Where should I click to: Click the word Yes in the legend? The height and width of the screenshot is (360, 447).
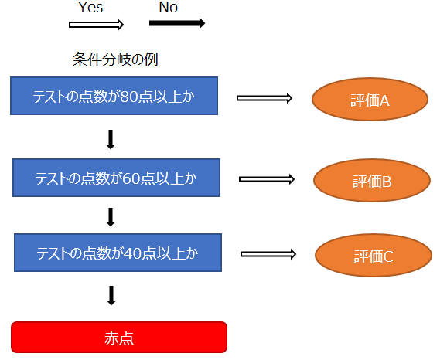90,8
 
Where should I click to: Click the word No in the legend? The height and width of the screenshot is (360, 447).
168,8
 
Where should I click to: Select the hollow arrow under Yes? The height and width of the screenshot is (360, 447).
96,25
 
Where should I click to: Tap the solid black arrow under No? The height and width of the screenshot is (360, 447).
177,23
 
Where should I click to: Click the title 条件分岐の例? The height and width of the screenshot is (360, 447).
115,59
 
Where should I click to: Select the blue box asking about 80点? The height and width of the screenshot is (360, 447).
114,96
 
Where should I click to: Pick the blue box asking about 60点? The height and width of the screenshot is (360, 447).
116,178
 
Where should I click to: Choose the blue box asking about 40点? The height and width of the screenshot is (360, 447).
118,253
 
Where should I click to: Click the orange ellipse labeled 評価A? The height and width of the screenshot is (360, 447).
370,99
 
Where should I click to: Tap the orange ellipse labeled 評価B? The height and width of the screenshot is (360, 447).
372,180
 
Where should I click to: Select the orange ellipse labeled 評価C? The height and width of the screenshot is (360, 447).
374,255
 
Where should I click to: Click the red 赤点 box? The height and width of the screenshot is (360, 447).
119,338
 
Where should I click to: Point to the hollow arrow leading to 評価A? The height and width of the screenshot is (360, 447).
264,98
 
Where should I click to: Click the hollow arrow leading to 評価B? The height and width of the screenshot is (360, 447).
267,179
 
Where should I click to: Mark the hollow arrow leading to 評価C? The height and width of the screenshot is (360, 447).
268,254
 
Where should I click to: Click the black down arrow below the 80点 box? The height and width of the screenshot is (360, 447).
111,140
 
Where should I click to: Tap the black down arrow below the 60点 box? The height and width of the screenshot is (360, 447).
111,217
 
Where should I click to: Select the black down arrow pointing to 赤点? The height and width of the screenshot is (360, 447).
111,295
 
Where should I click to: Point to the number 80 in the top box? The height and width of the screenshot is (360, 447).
130,97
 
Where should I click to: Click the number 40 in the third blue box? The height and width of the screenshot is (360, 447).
134,253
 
